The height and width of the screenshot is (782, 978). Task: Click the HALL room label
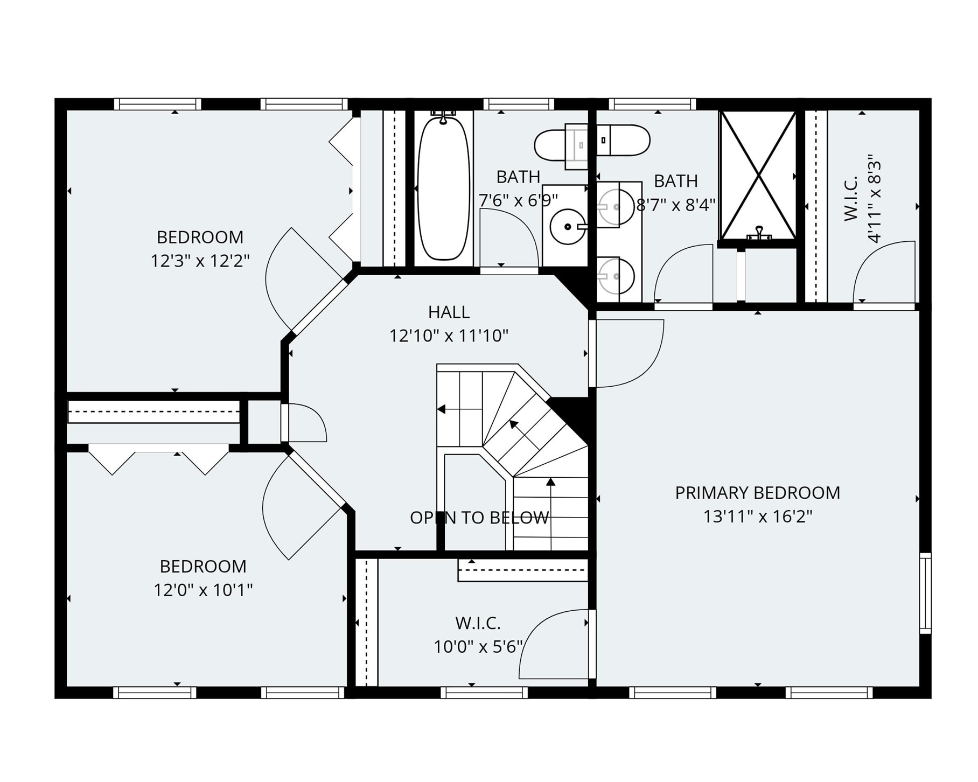[449, 312]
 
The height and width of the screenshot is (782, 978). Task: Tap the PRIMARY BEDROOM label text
[757, 493]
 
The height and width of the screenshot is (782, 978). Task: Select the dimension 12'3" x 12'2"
[200, 261]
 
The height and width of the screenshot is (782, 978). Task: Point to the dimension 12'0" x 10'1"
[203, 590]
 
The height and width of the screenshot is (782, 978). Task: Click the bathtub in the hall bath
[443, 188]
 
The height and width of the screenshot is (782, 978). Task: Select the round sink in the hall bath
[567, 227]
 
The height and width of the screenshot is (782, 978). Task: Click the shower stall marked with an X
[758, 175]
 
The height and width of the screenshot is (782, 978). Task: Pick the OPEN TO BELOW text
[479, 518]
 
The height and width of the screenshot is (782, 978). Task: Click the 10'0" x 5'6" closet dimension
[478, 646]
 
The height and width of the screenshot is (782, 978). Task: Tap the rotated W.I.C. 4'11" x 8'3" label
[862, 199]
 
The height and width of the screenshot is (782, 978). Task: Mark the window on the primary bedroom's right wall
[925, 593]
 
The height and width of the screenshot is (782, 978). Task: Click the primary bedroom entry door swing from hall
[627, 353]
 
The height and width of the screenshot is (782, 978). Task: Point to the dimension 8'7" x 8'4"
[676, 205]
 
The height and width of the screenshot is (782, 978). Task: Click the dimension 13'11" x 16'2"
[757, 517]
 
